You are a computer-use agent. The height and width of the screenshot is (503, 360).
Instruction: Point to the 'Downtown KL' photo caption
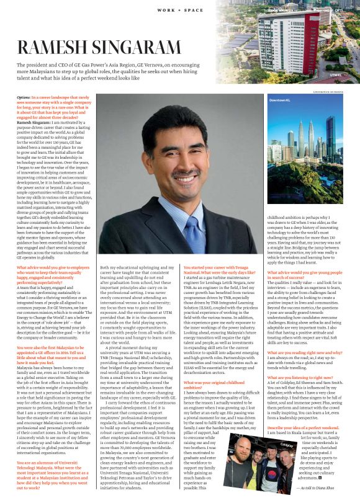coord(280,100)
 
